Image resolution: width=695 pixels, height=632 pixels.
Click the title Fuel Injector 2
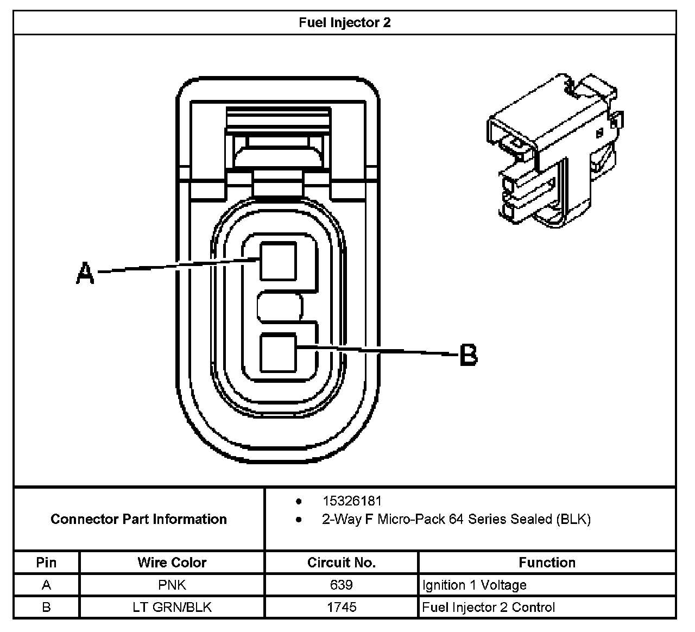[344, 23]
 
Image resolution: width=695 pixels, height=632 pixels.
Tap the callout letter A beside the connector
[84, 273]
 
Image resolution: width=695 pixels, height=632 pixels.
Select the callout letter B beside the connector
[468, 355]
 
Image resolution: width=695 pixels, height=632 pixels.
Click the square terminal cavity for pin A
[279, 261]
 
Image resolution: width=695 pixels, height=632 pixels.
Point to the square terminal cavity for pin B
[279, 353]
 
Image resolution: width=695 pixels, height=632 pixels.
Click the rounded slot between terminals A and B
[280, 308]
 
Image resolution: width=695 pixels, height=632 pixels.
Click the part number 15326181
[352, 501]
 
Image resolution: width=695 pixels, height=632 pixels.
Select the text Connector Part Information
[138, 519]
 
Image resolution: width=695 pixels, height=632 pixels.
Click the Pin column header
[46, 563]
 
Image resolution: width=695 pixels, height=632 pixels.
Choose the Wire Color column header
[172, 563]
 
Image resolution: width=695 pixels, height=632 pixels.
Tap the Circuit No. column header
[341, 563]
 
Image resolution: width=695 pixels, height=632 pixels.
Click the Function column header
[547, 563]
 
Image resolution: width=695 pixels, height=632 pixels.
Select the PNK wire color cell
[172, 585]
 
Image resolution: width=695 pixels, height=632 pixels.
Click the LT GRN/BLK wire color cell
[172, 607]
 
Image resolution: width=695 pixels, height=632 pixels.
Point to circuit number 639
[341, 585]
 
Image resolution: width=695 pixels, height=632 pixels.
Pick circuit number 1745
[341, 607]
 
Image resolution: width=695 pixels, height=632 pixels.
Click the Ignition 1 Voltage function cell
[475, 585]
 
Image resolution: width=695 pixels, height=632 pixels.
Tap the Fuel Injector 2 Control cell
[489, 607]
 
